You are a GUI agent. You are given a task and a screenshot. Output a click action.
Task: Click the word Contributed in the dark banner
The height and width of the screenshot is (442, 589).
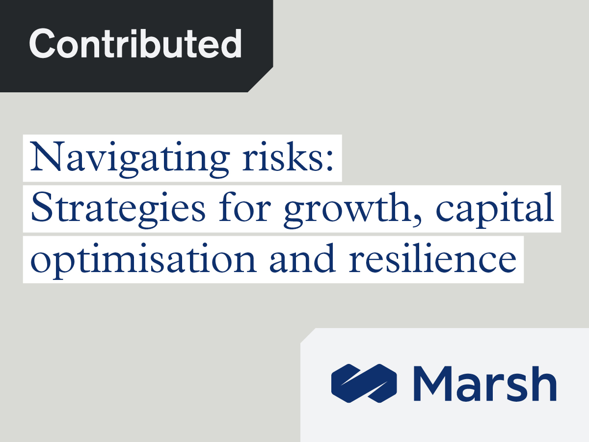pos(135,44)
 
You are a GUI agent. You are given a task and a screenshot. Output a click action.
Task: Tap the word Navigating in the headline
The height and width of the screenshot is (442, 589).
pos(130,159)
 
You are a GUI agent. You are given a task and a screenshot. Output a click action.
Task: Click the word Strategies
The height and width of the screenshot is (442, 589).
pos(118,210)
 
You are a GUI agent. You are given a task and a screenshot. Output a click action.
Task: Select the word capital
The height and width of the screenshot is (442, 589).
pos(495,210)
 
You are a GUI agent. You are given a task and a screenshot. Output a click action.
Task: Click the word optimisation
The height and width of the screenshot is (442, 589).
pos(143,261)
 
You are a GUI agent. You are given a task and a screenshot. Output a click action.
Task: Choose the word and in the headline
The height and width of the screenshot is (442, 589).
pos(302,258)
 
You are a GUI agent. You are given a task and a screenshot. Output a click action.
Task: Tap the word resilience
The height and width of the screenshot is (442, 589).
pos(432,258)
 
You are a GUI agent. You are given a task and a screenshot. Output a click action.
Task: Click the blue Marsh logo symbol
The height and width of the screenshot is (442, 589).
pos(364,383)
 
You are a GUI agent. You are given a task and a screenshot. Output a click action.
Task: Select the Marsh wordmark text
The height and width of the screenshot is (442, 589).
pos(485,383)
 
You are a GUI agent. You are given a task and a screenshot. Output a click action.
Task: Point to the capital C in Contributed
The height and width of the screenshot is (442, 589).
pos(42,44)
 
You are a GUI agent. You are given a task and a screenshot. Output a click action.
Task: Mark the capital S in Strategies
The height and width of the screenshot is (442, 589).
pos(42,207)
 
